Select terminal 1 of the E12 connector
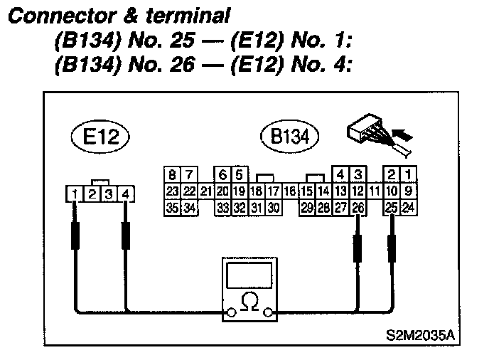(74, 194)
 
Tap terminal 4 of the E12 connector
(126, 194)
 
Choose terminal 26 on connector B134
(358, 207)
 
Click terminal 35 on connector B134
(172, 207)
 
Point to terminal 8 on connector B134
(172, 174)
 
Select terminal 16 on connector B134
(290, 191)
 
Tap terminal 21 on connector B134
(206, 191)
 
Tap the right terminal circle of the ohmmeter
(268, 312)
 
